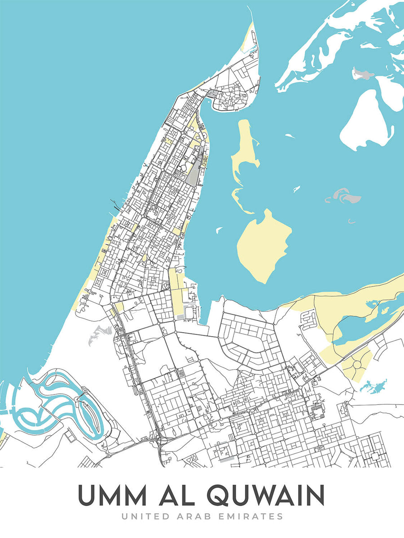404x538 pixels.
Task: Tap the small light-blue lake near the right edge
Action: point(374,386)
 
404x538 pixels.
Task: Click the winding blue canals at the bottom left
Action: point(58,399)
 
